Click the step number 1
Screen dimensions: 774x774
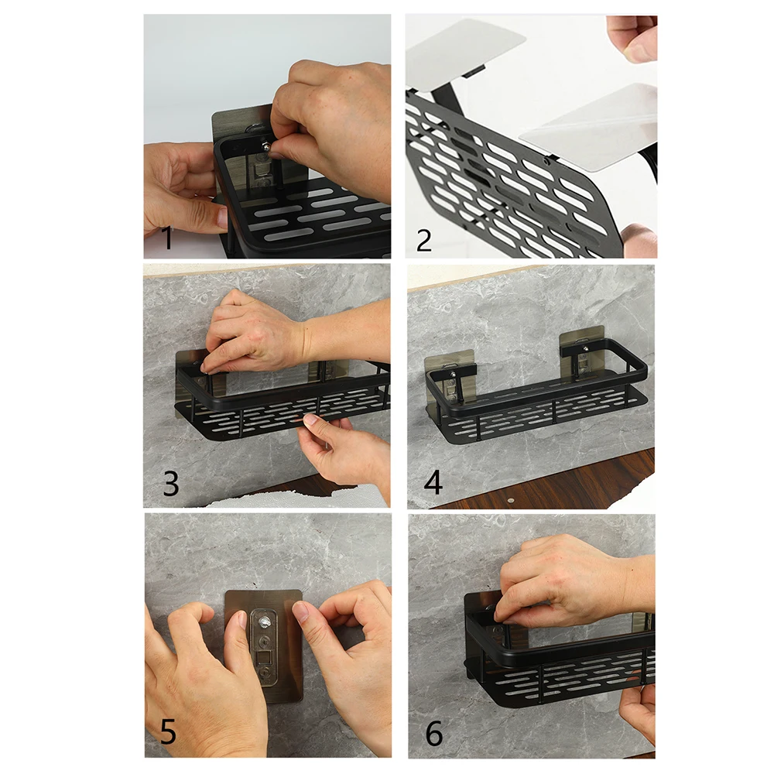coord(166,238)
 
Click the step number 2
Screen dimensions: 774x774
coord(423,238)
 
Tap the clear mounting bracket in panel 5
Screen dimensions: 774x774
coord(266,650)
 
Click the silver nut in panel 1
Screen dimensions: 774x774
coord(265,145)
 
